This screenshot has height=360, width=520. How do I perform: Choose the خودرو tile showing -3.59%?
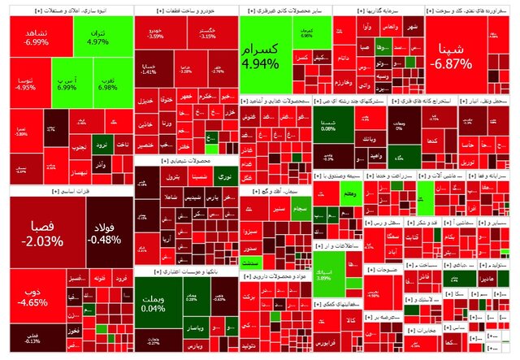pos(155,33)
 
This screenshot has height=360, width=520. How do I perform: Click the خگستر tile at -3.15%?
pos(208,33)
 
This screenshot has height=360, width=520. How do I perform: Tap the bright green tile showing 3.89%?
pos(324,274)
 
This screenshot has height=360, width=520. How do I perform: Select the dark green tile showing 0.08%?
pos(328,125)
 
